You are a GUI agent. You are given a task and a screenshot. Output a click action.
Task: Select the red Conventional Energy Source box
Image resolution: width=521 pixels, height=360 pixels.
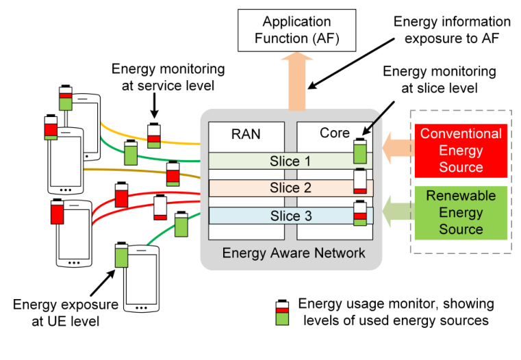pyautogui.click(x=461, y=150)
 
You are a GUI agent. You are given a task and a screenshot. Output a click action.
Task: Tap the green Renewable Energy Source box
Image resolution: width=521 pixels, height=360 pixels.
pyautogui.click(x=461, y=212)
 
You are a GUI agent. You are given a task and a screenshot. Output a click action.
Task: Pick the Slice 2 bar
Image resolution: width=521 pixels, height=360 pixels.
pyautogui.click(x=284, y=188)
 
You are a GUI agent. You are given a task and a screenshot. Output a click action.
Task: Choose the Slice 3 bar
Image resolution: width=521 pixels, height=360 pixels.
pyautogui.click(x=284, y=216)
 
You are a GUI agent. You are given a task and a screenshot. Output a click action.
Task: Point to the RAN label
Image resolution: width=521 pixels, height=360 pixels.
pyautogui.click(x=246, y=133)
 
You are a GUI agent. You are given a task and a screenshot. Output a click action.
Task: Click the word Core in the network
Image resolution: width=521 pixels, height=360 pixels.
pyautogui.click(x=335, y=133)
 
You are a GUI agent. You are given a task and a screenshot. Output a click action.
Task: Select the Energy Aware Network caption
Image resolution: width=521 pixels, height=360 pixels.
pyautogui.click(x=294, y=254)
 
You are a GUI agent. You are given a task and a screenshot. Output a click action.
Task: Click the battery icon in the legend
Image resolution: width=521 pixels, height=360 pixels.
pyautogui.click(x=281, y=313)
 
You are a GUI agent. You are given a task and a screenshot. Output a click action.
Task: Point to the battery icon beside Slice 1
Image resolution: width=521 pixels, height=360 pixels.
pyautogui.click(x=360, y=151)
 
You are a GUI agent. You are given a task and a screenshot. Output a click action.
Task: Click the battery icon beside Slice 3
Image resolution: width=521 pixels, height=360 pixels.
pyautogui.click(x=360, y=214)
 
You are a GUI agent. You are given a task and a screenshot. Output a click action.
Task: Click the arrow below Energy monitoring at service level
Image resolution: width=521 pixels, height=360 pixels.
pyautogui.click(x=154, y=105)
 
